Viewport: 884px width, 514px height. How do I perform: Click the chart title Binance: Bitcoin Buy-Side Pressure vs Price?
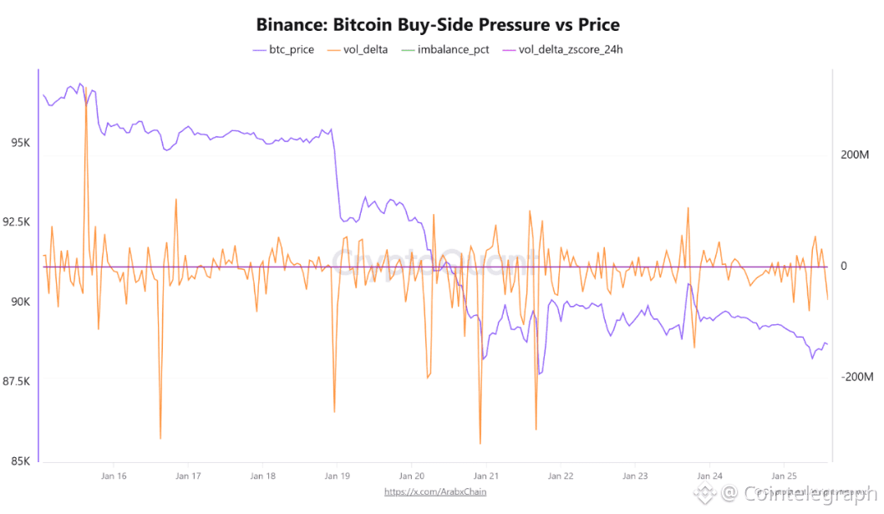coord(438,24)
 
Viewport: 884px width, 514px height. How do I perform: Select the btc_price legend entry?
coord(283,49)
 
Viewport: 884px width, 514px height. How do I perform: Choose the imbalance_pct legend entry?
coord(445,49)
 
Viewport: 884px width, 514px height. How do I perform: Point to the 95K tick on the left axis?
coord(20,143)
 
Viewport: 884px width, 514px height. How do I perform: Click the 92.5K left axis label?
coord(17,222)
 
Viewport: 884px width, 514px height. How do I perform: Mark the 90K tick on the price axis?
coord(20,302)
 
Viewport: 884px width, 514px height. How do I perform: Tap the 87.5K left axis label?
coord(17,382)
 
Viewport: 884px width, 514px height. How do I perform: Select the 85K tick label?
coord(20,461)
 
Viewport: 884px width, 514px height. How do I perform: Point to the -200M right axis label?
coord(856,377)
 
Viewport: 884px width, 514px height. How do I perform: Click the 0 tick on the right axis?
coord(844,267)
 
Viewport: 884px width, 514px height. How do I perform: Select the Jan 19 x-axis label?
coord(337,476)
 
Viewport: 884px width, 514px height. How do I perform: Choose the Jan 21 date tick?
coord(485,476)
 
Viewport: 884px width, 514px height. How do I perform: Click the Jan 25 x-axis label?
coord(784,476)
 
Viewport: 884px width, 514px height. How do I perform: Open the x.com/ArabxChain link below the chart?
coord(435,491)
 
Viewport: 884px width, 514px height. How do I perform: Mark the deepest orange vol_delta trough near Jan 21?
coord(480,443)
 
